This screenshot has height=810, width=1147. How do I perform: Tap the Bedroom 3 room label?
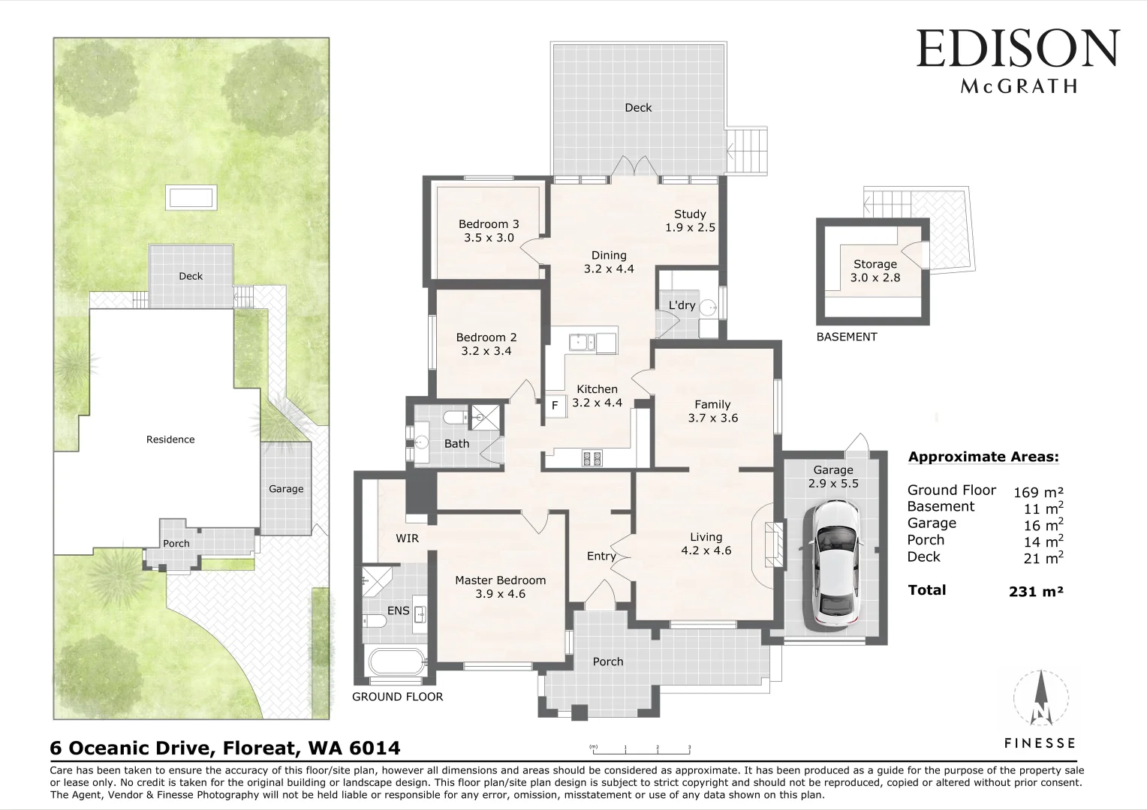pyautogui.click(x=488, y=230)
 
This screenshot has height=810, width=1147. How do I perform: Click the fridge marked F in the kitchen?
pyautogui.click(x=555, y=406)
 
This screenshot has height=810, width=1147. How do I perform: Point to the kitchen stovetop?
pyautogui.click(x=591, y=457)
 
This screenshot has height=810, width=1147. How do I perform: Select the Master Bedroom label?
pyautogui.click(x=500, y=586)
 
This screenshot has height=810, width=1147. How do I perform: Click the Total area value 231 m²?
pyautogui.click(x=1036, y=591)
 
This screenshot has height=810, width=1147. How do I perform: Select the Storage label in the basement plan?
pyautogui.click(x=875, y=270)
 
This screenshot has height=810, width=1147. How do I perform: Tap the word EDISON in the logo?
pyautogui.click(x=1018, y=49)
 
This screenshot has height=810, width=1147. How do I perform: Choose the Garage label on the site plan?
pyautogui.click(x=286, y=489)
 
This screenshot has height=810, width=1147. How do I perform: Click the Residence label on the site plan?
pyautogui.click(x=170, y=439)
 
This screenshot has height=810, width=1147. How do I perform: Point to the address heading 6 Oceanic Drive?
pyautogui.click(x=225, y=748)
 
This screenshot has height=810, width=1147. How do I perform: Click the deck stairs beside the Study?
pyautogui.click(x=748, y=150)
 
